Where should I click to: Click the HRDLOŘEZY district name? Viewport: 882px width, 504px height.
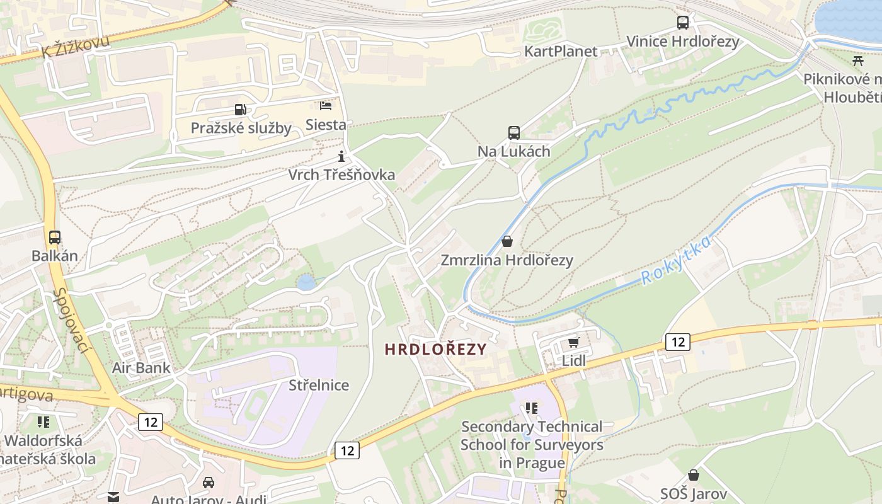click(436, 349)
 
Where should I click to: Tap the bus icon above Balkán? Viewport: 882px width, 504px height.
click(55, 238)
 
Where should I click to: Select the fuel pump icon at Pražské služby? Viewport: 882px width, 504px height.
click(240, 110)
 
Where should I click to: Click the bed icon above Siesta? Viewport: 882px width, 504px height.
click(326, 105)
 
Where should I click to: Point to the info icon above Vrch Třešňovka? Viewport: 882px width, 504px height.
click(341, 156)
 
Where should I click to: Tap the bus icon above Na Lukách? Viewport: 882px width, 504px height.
click(514, 133)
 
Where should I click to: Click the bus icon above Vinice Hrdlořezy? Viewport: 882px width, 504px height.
click(683, 23)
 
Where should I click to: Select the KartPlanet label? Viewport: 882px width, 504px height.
click(561, 51)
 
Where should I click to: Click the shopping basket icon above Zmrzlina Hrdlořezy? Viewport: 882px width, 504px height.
click(507, 241)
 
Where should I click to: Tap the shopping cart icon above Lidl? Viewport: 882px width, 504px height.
click(573, 342)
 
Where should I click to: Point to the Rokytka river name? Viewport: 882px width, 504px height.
click(677, 260)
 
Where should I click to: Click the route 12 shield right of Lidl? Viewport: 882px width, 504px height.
click(677, 342)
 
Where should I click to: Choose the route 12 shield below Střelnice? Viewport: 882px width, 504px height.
click(346, 450)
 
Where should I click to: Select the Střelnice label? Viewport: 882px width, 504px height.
click(319, 385)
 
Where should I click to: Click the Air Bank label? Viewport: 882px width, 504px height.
click(141, 368)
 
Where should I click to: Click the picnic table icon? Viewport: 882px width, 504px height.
click(857, 60)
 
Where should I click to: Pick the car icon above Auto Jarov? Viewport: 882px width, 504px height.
click(209, 482)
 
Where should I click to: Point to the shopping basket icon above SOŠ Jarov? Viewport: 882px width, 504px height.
click(694, 475)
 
